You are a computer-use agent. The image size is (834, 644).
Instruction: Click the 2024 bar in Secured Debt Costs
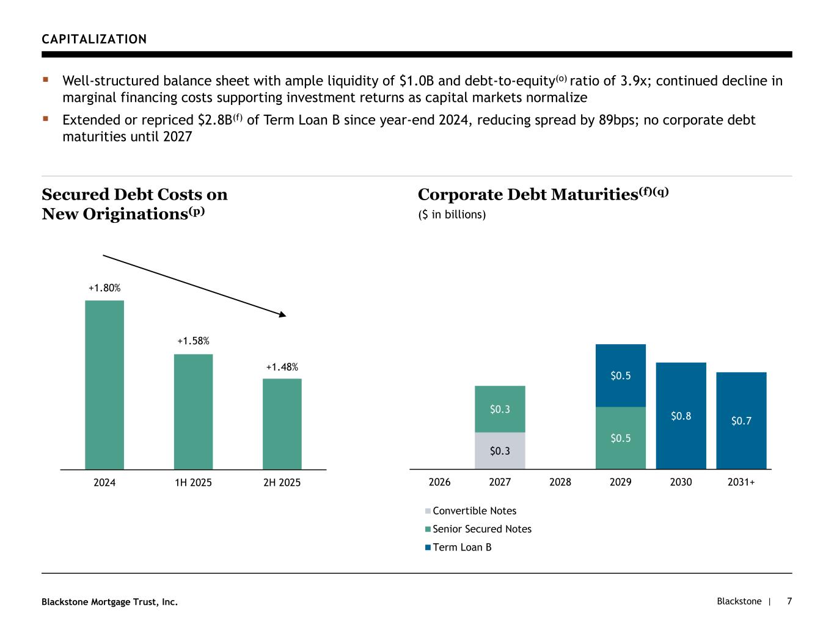tap(104, 385)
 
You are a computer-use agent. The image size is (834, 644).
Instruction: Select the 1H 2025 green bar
tap(193, 411)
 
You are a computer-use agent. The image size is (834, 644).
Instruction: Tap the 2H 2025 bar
tap(282, 424)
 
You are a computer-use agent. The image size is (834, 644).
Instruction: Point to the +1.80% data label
tap(104, 288)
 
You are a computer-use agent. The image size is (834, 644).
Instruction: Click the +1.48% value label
tap(282, 367)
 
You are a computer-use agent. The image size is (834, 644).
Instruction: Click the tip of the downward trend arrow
tap(285, 316)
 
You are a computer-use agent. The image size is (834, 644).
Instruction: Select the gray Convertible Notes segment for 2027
tap(500, 450)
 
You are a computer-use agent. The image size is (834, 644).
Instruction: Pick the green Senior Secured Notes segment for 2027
tap(500, 409)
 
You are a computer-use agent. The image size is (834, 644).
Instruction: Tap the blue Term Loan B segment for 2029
tap(620, 375)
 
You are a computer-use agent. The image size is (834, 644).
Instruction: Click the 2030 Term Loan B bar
tap(681, 416)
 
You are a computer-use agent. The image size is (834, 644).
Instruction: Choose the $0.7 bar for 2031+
tap(741, 421)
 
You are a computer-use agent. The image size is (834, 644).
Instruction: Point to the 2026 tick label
tap(439, 482)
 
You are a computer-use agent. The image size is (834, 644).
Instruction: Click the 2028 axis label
tap(560, 482)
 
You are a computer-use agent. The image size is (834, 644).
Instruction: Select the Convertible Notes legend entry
tap(474, 511)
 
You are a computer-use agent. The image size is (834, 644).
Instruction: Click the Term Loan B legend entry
tap(461, 548)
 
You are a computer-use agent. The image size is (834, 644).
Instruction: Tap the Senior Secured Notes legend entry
tap(481, 529)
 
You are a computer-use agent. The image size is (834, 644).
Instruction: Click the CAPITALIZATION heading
tap(94, 40)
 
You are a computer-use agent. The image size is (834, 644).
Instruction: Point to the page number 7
tap(789, 601)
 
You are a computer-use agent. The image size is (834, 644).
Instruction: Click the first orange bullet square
tap(45, 79)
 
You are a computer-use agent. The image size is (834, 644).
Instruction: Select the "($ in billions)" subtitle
tap(452, 215)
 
